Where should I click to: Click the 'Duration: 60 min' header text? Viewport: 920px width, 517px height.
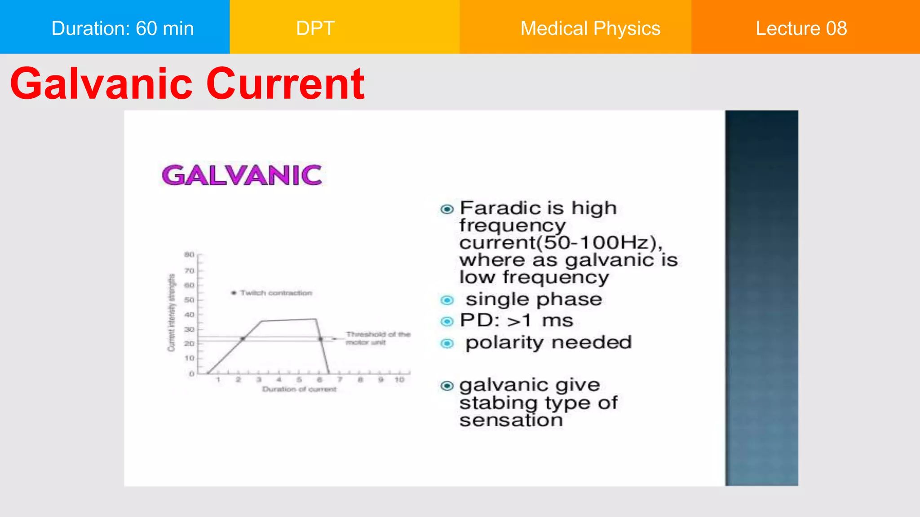(x=122, y=28)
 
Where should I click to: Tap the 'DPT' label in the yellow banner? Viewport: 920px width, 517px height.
(x=315, y=28)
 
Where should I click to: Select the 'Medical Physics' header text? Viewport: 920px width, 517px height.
(x=590, y=28)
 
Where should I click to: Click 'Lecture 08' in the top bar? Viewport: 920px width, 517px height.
(x=801, y=28)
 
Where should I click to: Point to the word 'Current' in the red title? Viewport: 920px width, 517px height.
(x=285, y=84)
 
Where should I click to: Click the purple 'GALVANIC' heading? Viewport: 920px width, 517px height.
(x=242, y=175)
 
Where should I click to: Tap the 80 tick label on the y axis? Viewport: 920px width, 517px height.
(x=190, y=255)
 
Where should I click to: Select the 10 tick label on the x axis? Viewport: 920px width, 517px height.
(x=399, y=380)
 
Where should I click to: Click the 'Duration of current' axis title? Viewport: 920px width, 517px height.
(x=299, y=389)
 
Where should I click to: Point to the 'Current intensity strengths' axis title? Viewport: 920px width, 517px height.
(x=171, y=312)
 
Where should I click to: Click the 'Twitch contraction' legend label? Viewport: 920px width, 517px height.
(x=276, y=293)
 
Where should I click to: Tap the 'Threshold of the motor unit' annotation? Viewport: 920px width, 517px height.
(x=378, y=338)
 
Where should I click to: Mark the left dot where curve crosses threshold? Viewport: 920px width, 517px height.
(x=243, y=339)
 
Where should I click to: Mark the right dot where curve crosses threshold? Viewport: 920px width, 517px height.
(x=321, y=339)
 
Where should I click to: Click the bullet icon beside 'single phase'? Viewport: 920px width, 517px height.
(x=447, y=300)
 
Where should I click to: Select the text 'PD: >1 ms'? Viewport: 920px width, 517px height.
(x=517, y=320)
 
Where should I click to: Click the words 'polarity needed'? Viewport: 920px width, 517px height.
(x=548, y=342)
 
